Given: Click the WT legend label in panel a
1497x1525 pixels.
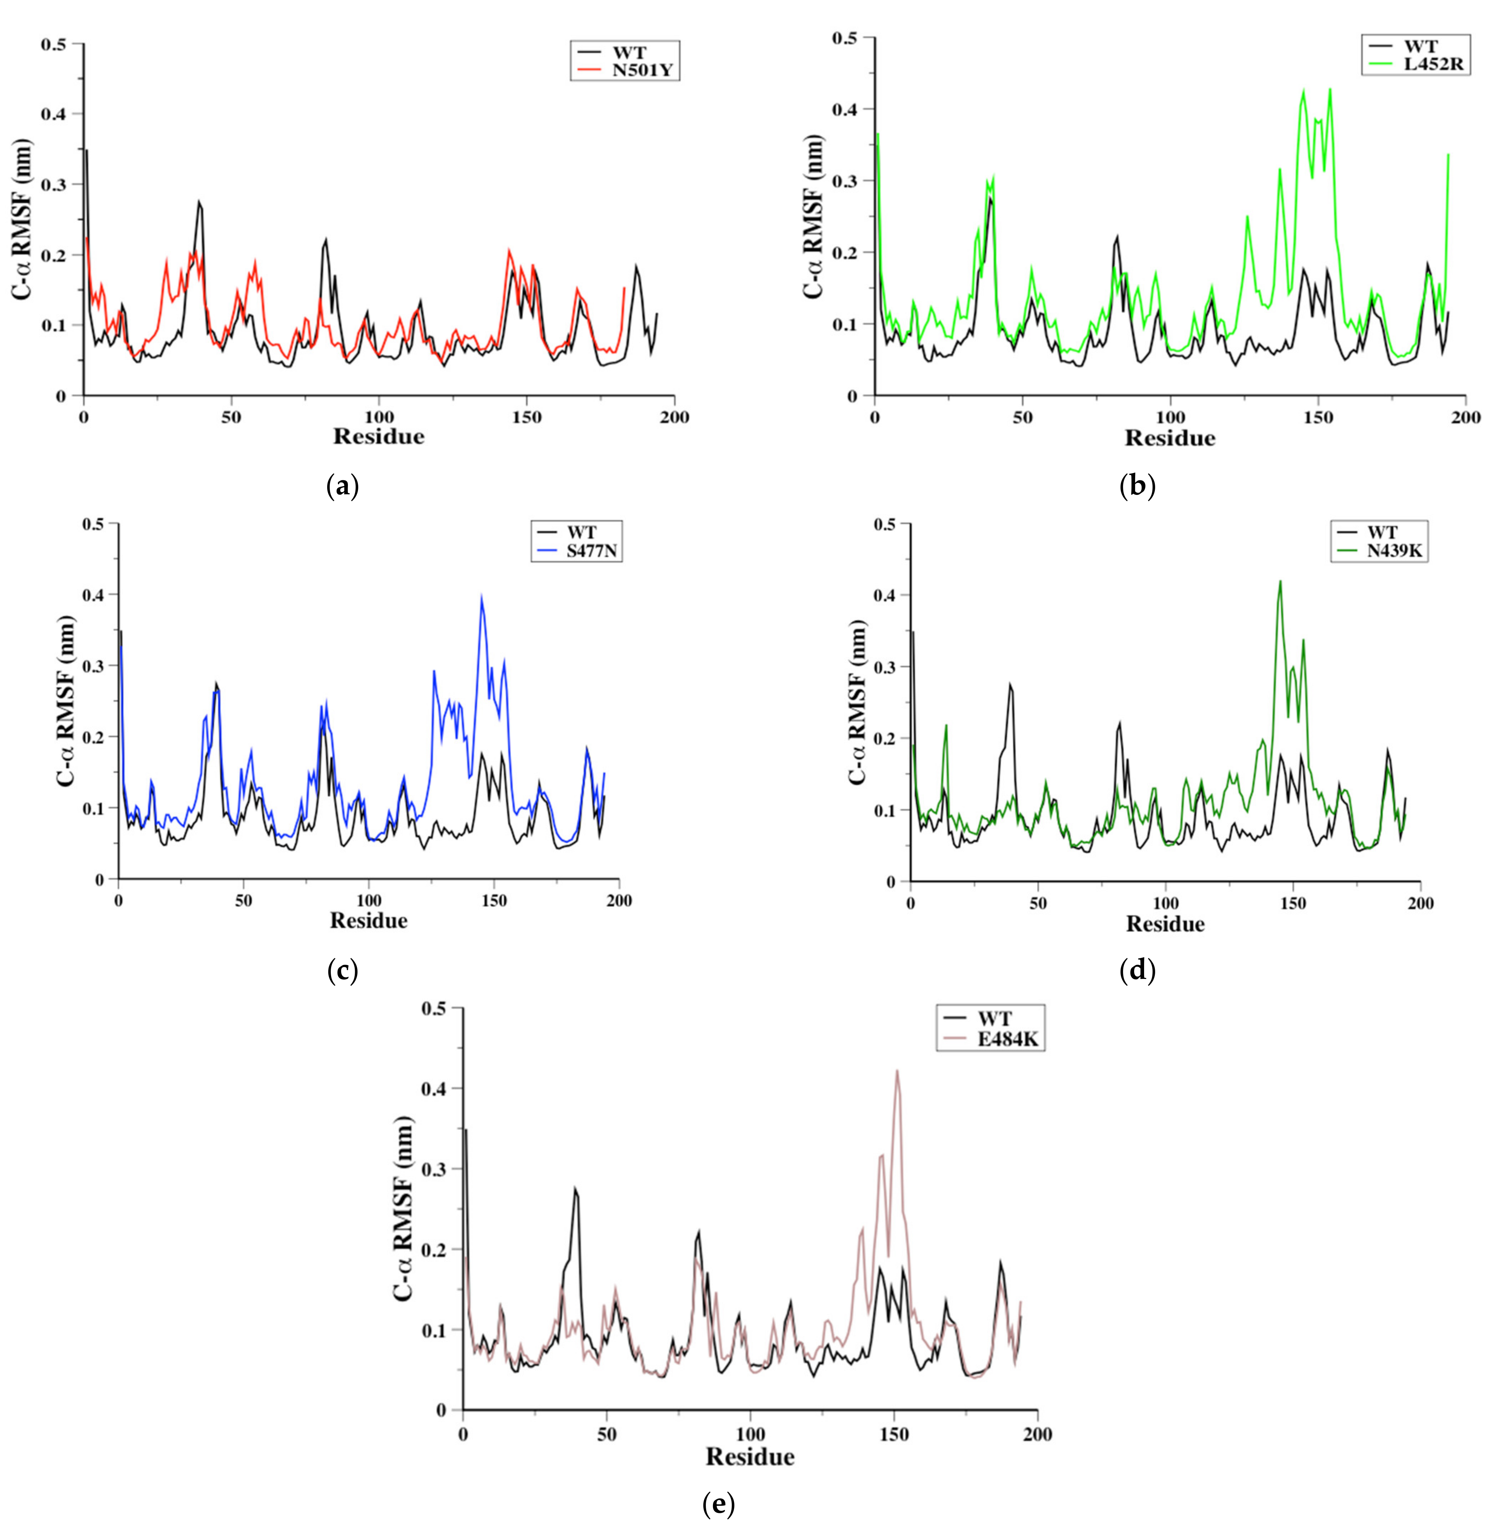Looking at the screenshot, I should coord(630,53).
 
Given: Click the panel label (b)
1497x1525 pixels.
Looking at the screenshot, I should coord(1137,487).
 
